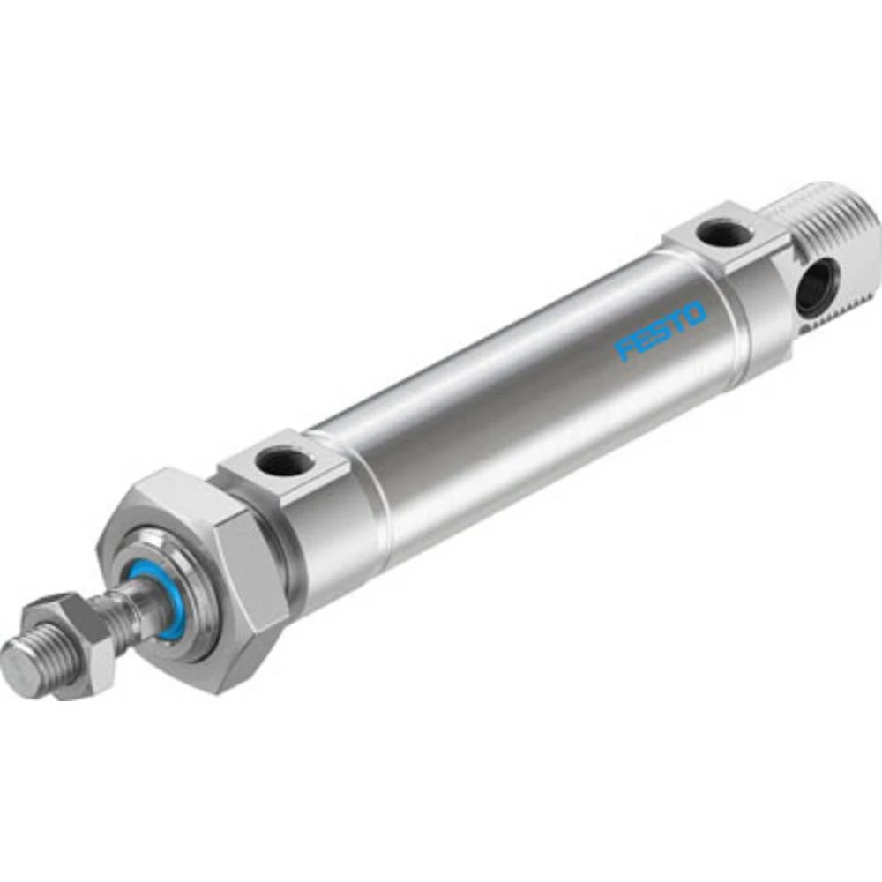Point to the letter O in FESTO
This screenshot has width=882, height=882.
click(695, 315)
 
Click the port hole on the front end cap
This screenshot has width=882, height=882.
click(284, 460)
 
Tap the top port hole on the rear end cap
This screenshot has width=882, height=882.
click(722, 234)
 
